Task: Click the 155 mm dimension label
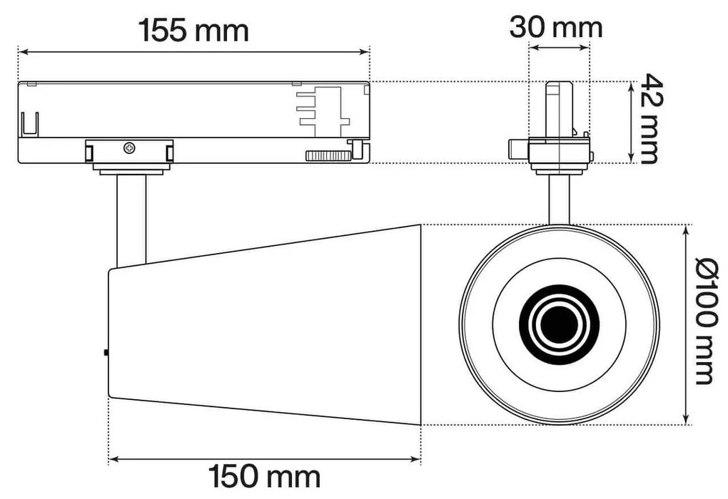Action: pyautogui.click(x=193, y=30)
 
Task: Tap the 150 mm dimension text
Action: pyautogui.click(x=264, y=477)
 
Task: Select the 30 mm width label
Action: pyautogui.click(x=556, y=28)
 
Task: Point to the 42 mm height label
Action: pyautogui.click(x=649, y=118)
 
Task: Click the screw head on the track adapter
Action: pyautogui.click(x=129, y=148)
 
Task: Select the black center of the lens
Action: pyautogui.click(x=559, y=324)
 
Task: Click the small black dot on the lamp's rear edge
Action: pyautogui.click(x=106, y=351)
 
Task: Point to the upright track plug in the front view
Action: pyautogui.click(x=558, y=109)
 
